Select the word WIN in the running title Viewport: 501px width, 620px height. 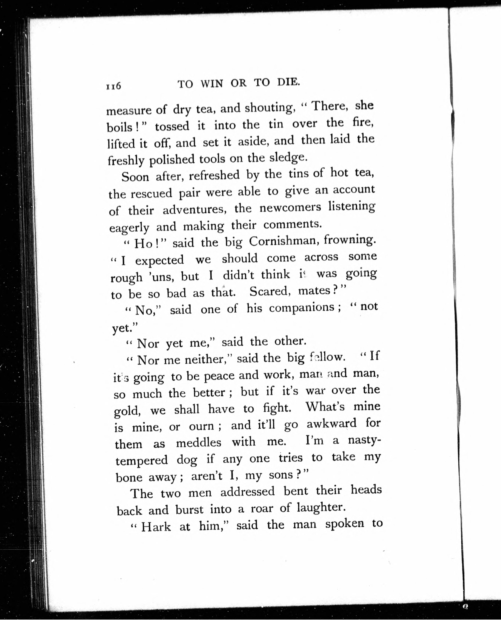click(x=212, y=84)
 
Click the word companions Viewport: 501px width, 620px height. click(x=302, y=308)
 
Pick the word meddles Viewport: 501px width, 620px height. click(x=199, y=442)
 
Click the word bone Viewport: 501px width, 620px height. click(x=129, y=478)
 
